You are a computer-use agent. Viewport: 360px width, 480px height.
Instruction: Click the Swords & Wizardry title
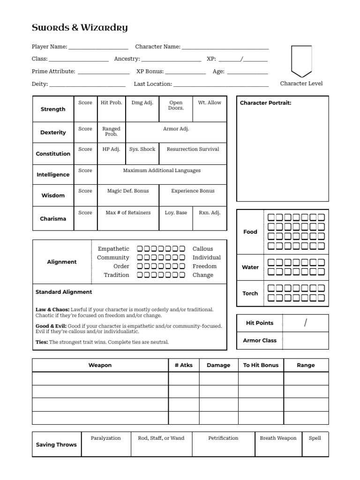coord(80,28)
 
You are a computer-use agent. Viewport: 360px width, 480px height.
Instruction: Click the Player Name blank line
coord(98,47)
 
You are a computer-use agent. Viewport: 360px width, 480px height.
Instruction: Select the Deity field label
coord(39,84)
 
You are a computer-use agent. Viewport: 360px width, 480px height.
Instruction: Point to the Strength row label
coord(53,109)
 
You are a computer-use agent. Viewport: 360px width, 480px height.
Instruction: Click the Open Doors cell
coord(176,105)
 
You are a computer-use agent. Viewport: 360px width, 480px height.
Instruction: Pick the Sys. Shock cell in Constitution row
coord(142,149)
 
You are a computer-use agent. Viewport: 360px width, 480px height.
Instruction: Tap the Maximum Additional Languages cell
coord(162,171)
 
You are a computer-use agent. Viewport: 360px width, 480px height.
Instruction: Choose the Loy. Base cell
coord(176,213)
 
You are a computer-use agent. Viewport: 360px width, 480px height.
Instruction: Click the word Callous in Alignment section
coord(202,249)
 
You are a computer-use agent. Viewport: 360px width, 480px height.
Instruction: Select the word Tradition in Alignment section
coord(116,275)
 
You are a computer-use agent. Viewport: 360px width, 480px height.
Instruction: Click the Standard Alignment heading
coord(64,292)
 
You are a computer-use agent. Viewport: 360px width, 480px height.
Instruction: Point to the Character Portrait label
coord(265,103)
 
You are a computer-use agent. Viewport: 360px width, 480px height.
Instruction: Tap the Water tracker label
coord(250,267)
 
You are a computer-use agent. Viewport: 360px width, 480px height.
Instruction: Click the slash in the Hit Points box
coord(306,323)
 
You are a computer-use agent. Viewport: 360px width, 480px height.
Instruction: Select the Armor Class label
coord(260,340)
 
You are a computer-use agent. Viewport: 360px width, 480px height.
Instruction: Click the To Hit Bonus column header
coord(261,365)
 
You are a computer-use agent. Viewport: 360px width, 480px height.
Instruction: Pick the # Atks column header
coord(184,365)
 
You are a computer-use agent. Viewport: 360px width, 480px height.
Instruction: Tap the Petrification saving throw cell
coord(223,438)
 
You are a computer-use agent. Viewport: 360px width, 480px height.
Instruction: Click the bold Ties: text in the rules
coord(42,342)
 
